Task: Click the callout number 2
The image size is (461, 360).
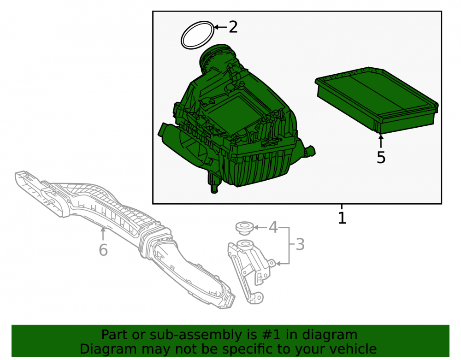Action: (233, 27)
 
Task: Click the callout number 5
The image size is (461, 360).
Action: (381, 158)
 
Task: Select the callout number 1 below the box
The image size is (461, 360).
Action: (342, 218)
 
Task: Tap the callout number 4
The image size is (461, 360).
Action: (273, 227)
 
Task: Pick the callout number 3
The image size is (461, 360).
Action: (300, 244)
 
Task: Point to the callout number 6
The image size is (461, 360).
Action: (103, 250)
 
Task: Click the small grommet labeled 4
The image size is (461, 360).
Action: (245, 228)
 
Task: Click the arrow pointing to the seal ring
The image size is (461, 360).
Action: (221, 27)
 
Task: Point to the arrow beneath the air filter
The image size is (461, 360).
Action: (381, 141)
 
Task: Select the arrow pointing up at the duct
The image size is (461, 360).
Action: (103, 234)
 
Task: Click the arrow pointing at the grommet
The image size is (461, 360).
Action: (260, 227)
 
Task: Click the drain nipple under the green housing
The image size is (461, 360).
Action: (213, 183)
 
